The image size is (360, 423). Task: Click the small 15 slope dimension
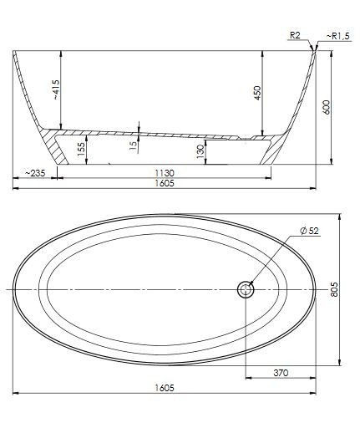click(x=133, y=146)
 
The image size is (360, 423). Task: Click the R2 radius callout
click(x=294, y=36)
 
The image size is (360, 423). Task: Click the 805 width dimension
click(x=335, y=288)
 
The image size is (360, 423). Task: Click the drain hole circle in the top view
click(x=246, y=289)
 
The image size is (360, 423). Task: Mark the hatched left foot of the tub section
click(x=58, y=146)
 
